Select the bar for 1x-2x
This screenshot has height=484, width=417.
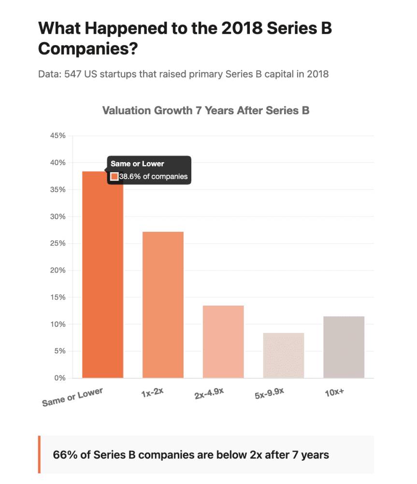coord(163,305)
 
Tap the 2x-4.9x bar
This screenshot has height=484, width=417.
coord(223,342)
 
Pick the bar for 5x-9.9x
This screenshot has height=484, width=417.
coord(284,355)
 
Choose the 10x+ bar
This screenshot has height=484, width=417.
coord(344,347)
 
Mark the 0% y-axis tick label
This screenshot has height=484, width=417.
coord(59,378)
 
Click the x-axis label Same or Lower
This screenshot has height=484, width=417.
coord(72,397)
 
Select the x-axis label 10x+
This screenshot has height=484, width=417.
coord(334,392)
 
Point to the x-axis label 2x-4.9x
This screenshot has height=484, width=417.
coord(209,394)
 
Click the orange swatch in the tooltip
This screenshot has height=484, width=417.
coord(115,177)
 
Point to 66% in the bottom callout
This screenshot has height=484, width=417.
coord(61,455)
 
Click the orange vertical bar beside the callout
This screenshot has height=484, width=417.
coord(39,454)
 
